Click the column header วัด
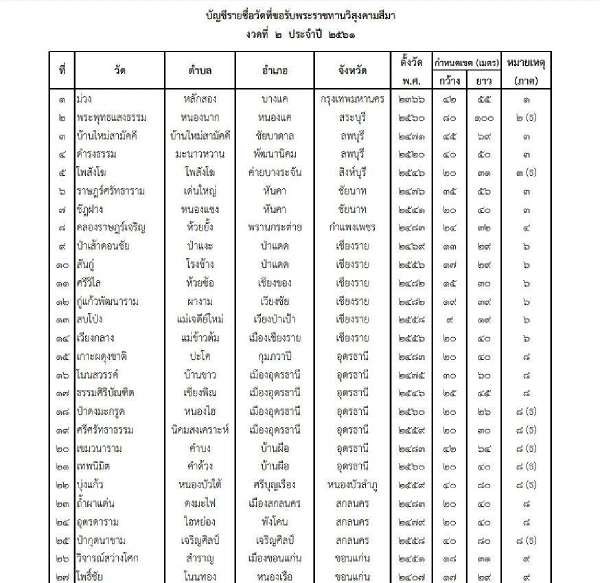(x=119, y=70)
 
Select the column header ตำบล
(x=199, y=70)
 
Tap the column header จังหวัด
(x=352, y=70)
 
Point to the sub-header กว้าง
(x=449, y=80)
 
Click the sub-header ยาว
(x=483, y=80)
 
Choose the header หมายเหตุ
(x=525, y=63)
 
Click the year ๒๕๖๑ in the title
(x=342, y=35)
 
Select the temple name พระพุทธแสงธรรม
(x=111, y=117)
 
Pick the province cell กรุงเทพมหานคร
(x=352, y=99)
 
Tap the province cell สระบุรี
(x=352, y=117)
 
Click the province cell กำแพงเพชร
(x=352, y=227)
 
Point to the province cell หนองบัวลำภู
(x=352, y=484)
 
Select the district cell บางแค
(x=274, y=99)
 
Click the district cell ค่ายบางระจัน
(x=274, y=172)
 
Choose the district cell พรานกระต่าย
(x=274, y=227)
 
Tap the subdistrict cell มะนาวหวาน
(x=199, y=154)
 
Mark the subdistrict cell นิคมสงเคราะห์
(x=199, y=429)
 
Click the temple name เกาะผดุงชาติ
(x=102, y=356)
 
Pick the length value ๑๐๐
(x=483, y=118)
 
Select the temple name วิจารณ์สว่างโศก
(x=107, y=558)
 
